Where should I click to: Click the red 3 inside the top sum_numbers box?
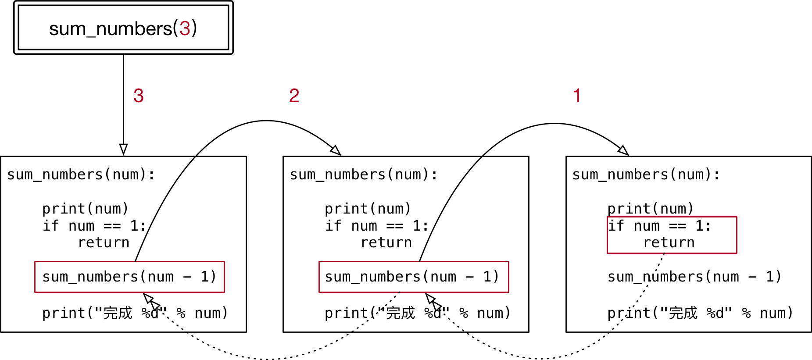[x=185, y=29]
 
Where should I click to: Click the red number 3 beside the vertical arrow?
[x=139, y=96]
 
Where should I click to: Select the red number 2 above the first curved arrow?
[x=294, y=96]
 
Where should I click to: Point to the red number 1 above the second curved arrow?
[x=577, y=96]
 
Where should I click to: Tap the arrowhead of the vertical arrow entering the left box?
[x=124, y=149]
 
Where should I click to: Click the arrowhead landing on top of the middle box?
[x=336, y=150]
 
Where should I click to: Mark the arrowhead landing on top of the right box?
[x=623, y=150]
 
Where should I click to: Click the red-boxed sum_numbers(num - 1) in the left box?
[x=129, y=277]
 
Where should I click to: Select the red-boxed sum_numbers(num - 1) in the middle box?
[x=412, y=277]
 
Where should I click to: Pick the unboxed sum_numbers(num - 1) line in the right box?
[x=694, y=277]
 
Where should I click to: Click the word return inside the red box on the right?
[x=669, y=242]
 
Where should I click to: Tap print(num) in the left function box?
[x=86, y=208]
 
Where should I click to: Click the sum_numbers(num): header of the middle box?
[x=364, y=175]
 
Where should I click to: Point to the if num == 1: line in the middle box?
[x=376, y=226]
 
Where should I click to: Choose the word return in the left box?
[x=104, y=242]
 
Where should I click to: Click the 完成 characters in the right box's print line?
[x=683, y=313]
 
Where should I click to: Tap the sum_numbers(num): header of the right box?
[x=646, y=175]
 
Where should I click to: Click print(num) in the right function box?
[x=651, y=208]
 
